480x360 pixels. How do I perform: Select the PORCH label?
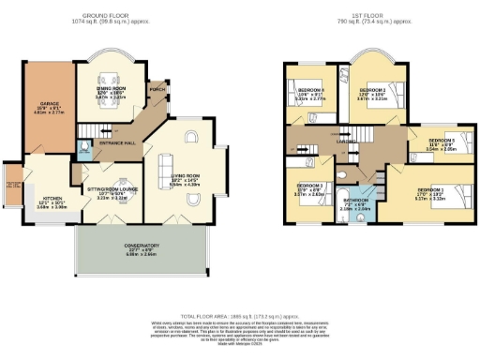157,89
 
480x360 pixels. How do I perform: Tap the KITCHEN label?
49,202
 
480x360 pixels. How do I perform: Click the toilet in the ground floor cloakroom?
84,146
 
